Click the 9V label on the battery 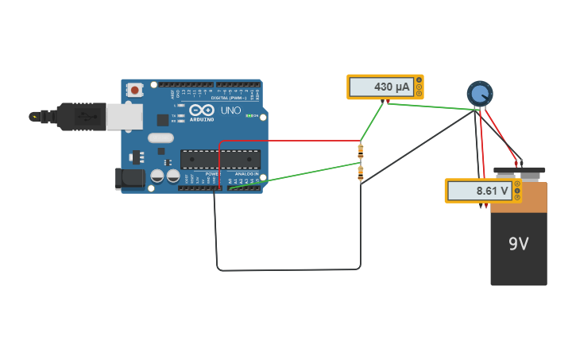coord(518,244)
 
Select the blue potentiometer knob coord(479,94)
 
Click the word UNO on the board coord(230,110)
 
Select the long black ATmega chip coord(220,159)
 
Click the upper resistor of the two coord(361,150)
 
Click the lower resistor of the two coord(361,172)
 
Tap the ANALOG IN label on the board coord(246,173)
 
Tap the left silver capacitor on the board coord(157,175)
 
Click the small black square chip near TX coord(163,120)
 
